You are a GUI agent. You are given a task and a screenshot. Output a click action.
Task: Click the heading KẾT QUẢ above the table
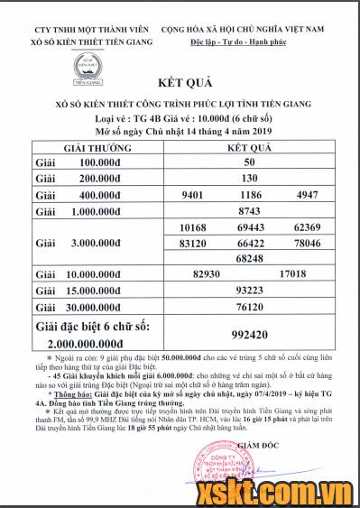click(185, 106)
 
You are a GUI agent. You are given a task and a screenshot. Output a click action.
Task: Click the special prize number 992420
click(251, 332)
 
